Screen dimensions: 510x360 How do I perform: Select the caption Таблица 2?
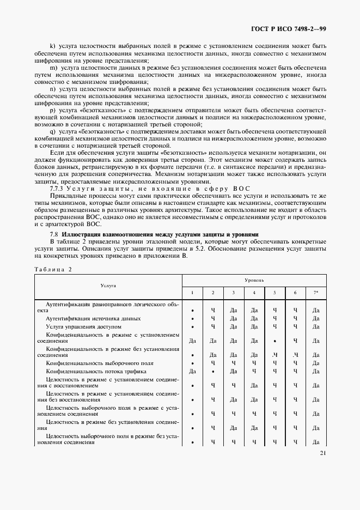click(x=53, y=269)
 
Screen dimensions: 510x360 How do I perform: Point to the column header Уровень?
click(x=254, y=280)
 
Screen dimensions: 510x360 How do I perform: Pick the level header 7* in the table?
click(x=315, y=293)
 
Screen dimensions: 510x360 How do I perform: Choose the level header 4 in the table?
click(x=254, y=293)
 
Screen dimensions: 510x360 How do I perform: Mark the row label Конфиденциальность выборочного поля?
click(x=91, y=363)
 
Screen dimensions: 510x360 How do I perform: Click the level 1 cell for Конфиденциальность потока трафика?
click(x=192, y=371)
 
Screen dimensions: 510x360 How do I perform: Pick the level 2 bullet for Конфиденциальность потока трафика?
click(x=213, y=371)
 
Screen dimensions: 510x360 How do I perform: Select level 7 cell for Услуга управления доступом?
click(x=315, y=326)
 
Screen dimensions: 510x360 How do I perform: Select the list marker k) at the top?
click(x=52, y=47)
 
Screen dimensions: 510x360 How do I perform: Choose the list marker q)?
click(x=52, y=131)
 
